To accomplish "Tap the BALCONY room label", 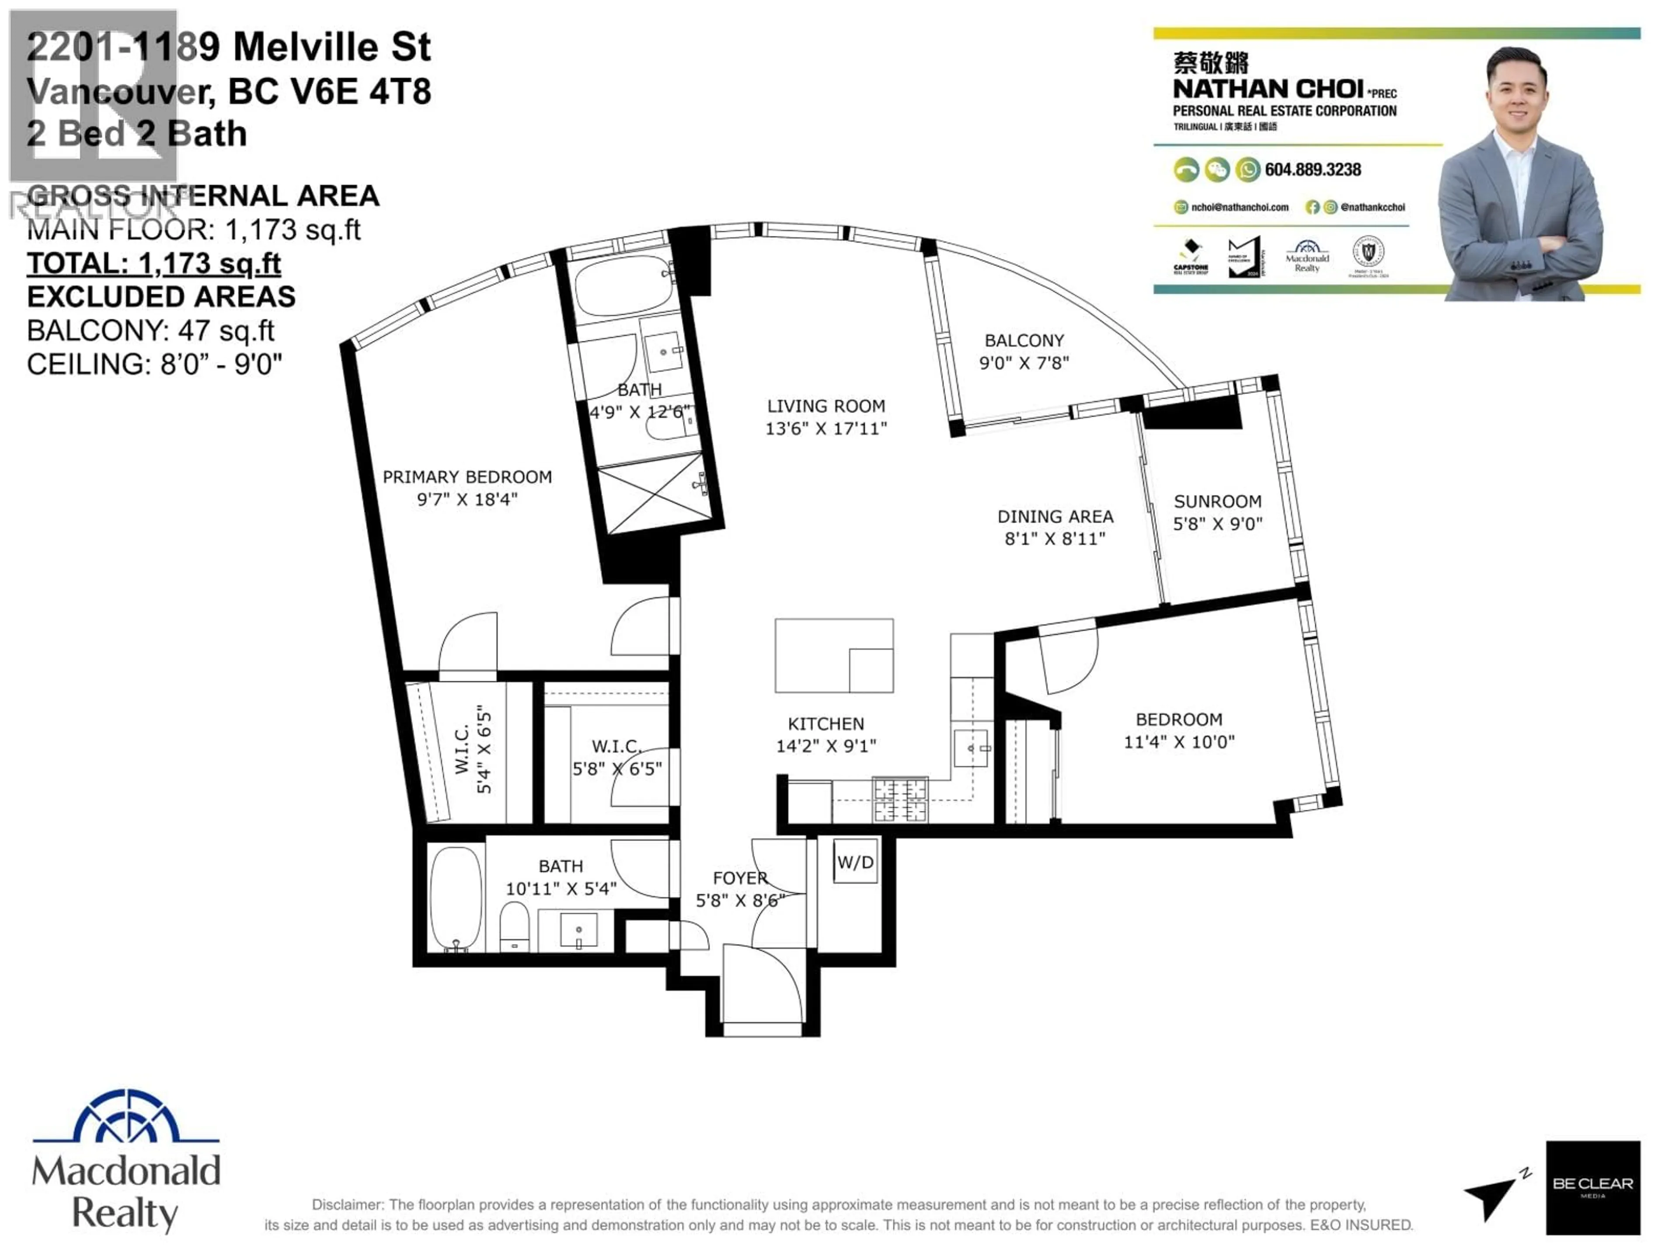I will point(1024,341).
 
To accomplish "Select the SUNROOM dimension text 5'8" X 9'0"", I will point(1218,524).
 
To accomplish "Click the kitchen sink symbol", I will point(971,748).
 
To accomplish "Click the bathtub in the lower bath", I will point(456,898).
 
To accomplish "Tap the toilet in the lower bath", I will point(515,926).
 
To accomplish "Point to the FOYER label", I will point(740,878).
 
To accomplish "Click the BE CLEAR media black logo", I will point(1592,1188).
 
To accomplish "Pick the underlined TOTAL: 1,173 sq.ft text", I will point(154,263).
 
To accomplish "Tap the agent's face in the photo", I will point(1514,95).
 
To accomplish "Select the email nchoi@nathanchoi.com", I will point(1240,207).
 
